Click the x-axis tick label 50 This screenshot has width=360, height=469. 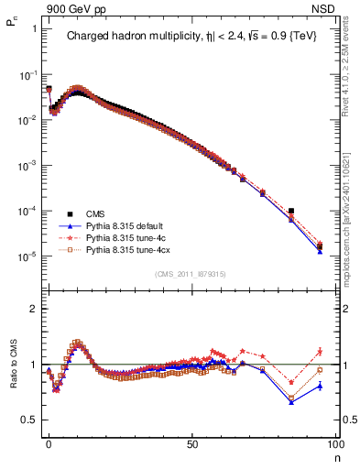[191, 444]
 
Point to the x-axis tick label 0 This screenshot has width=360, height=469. [49, 444]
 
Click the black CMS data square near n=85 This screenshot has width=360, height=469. [291, 211]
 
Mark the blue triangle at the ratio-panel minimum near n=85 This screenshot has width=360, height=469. [291, 402]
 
